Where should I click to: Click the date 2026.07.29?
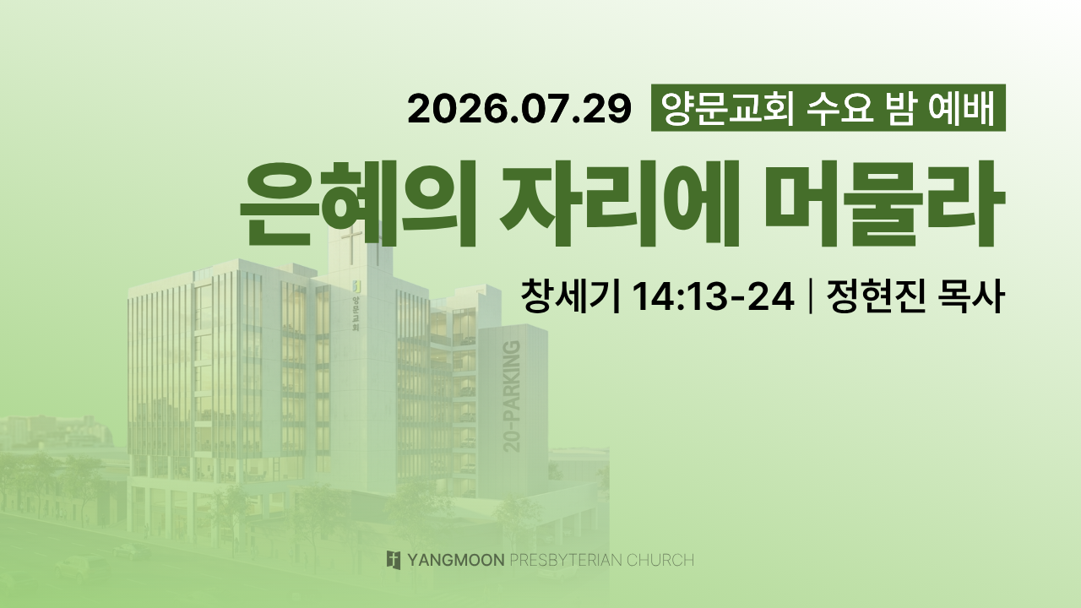coord(519,109)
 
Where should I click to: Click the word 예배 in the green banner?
coord(961,109)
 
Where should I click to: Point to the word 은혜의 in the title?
coord(358,204)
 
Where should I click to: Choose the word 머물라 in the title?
coord(884,204)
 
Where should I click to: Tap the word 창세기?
coord(570,296)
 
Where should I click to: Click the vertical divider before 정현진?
coord(810,296)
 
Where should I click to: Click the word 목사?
coord(970,296)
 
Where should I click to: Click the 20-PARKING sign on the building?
coord(512,396)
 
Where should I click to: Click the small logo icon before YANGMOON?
coord(394,560)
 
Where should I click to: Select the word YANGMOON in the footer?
coord(455,560)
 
